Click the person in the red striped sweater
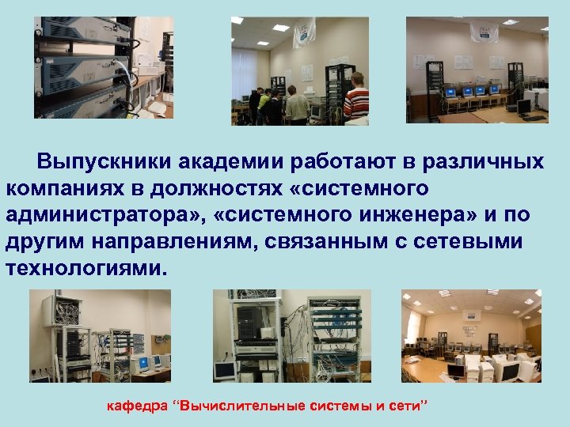click(357, 99)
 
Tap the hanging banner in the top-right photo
click(484, 32)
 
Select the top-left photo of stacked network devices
click(103, 67)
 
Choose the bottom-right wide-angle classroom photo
click(471, 335)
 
